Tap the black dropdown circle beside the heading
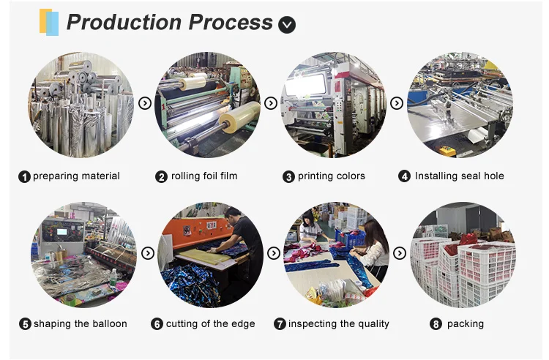pos(287,25)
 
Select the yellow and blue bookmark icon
pos(49,22)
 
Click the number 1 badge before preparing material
pos(24,176)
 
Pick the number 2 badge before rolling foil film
pos(162,176)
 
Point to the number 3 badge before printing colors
pos(288,176)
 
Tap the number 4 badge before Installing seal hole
pos(404,176)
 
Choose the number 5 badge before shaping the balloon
pos(25,324)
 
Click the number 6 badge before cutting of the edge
pos(157,324)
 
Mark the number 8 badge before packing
pos(436,324)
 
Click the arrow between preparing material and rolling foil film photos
pos(145,104)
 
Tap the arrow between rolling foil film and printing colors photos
pos(271,104)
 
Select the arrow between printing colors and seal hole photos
pos(397,104)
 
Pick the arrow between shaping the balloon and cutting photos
pos(148,253)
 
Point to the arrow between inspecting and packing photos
pos(400,253)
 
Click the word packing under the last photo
pos(467,324)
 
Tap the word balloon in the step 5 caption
pos(108,324)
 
